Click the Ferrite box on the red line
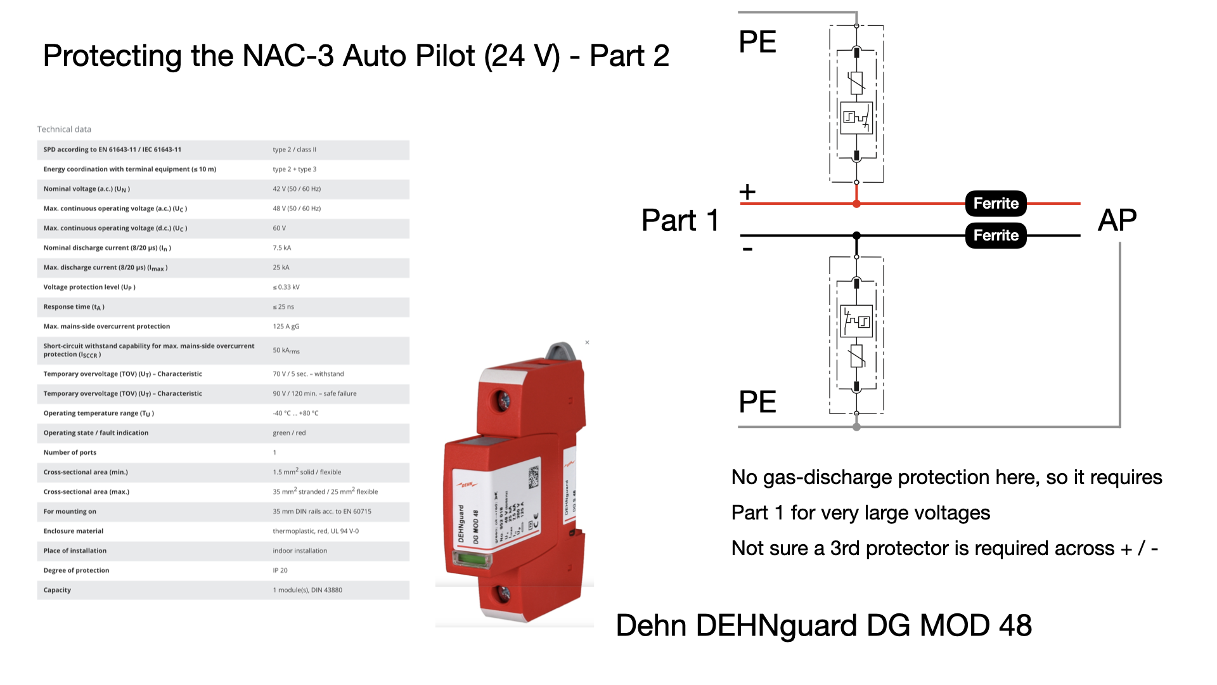pos(995,204)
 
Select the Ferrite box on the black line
pos(995,236)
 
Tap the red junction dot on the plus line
pos(856,204)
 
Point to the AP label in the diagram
pos(1117,221)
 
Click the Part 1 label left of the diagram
pos(679,221)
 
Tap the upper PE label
pos(757,42)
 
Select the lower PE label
pos(757,402)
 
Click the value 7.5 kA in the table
pos(282,248)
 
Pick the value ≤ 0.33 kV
pos(286,287)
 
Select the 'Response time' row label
pos(74,307)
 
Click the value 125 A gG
pos(286,327)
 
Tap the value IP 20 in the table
pos(280,570)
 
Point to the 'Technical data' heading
pos(64,129)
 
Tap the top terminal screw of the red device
pos(503,400)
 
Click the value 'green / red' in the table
pos(289,433)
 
